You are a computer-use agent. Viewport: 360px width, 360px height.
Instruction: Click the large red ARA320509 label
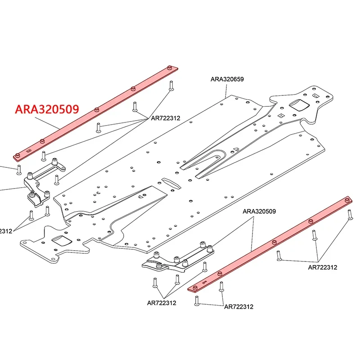[47, 109]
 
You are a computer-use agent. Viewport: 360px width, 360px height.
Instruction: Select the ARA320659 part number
[227, 79]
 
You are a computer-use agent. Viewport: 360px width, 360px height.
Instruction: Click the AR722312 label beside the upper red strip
[165, 118]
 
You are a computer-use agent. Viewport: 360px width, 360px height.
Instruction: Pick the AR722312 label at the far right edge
[322, 267]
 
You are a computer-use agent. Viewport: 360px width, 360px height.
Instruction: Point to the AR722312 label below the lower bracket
[162, 303]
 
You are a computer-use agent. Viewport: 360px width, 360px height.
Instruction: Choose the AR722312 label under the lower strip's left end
[238, 307]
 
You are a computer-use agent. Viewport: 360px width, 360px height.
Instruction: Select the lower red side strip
[270, 243]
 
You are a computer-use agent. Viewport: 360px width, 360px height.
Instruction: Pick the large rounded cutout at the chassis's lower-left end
[61, 240]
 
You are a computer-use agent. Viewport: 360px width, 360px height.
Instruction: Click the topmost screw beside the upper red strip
[171, 85]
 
